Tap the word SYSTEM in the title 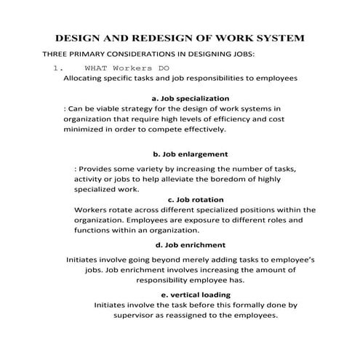click(x=278, y=37)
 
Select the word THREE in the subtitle click(x=57, y=55)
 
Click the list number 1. click(x=57, y=68)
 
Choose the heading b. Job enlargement click(x=191, y=154)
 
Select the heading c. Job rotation click(x=196, y=199)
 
